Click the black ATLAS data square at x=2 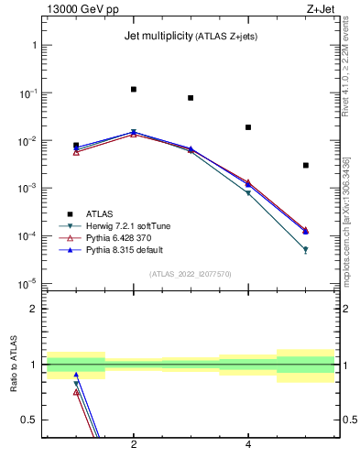click(134, 90)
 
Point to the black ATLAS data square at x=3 click(191, 98)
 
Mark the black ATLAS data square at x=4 click(248, 127)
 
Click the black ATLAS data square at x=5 click(305, 165)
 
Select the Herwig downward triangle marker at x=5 click(305, 249)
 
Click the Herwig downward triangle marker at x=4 click(248, 193)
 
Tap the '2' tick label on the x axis click(134, 445)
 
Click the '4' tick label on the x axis click(248, 445)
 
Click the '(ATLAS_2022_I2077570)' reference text click(191, 274)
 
